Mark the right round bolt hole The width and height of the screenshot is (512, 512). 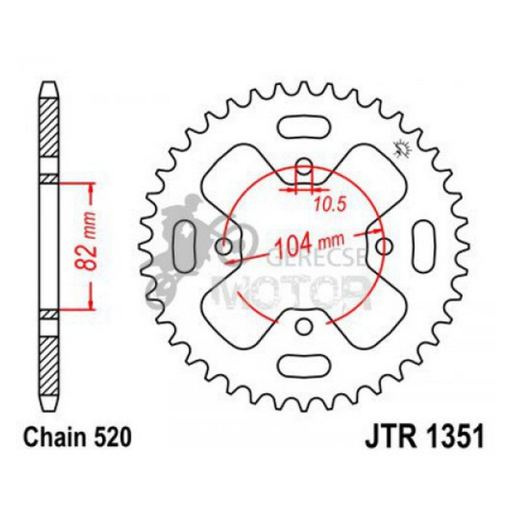382,247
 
